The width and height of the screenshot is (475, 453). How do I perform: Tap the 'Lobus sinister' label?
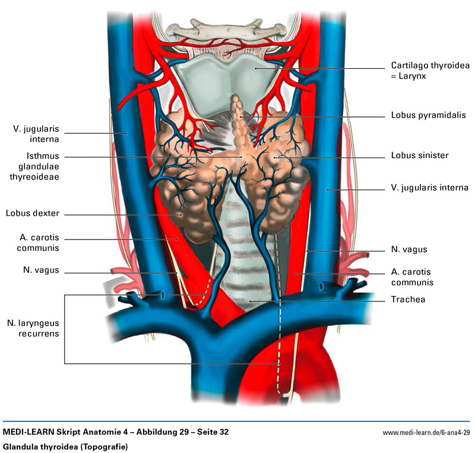point(419,156)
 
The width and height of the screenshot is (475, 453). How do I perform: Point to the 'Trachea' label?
point(408,299)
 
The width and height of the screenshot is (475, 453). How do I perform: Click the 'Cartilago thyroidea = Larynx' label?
point(426,71)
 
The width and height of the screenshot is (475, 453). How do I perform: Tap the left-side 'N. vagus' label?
point(41,270)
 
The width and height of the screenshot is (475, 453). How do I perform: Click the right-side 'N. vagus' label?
point(409,250)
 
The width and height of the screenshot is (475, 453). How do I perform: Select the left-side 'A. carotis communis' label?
point(40,243)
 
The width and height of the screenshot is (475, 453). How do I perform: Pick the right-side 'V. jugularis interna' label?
point(429,188)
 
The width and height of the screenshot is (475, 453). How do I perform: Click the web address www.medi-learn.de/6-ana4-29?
point(426,432)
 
